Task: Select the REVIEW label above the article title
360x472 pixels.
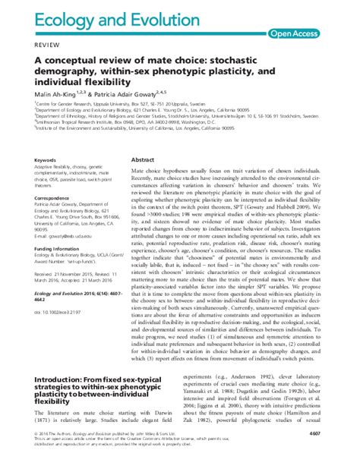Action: tap(23, 46)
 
